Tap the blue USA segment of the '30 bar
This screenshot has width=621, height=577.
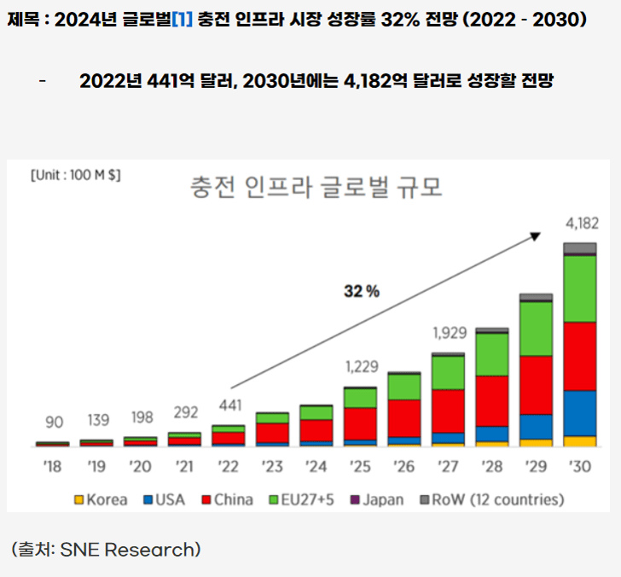coord(580,413)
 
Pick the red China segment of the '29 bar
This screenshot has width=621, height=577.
coord(536,385)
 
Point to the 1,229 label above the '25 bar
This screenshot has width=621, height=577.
coord(360,367)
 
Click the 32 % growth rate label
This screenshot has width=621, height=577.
coord(362,291)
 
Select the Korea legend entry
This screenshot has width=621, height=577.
coord(101,499)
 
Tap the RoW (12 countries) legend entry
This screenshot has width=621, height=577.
coord(491,499)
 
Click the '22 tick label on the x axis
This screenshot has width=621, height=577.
coord(228,468)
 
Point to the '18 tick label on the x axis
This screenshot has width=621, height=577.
coord(52,468)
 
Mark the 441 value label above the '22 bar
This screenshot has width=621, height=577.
coord(228,405)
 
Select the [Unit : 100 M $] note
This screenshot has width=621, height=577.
coord(75,175)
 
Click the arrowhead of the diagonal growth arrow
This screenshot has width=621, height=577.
coord(537,234)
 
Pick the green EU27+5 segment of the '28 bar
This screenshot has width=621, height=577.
coord(492,354)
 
